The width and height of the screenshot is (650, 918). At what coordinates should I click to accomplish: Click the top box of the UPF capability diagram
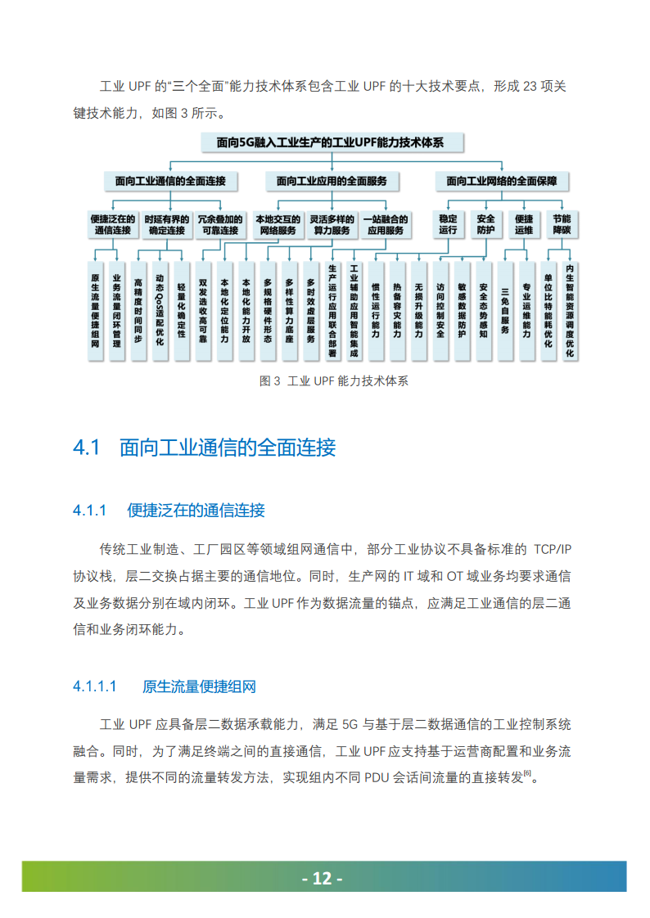tap(331, 142)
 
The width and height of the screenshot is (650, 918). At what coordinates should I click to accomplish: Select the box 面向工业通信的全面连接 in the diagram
tap(170, 180)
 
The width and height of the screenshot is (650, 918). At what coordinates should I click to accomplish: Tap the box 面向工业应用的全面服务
tap(332, 180)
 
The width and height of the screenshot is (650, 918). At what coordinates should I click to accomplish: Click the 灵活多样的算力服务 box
tap(332, 225)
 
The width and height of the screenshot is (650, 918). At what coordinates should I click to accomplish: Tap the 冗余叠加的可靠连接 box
tap(222, 225)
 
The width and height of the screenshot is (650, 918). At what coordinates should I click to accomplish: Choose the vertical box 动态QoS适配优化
tap(160, 310)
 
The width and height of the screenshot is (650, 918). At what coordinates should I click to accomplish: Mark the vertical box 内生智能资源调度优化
tap(570, 310)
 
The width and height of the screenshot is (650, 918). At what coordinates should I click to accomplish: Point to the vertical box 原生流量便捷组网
tap(96, 310)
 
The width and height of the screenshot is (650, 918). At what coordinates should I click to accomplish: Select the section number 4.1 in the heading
tap(86, 448)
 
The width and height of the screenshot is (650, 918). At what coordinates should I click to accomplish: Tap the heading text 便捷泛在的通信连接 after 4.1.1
tap(196, 511)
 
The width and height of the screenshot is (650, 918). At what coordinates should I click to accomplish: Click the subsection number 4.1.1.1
tap(96, 686)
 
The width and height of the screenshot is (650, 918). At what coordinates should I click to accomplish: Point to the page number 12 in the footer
tap(323, 879)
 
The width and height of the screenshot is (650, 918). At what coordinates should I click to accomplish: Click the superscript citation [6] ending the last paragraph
tap(528, 773)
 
